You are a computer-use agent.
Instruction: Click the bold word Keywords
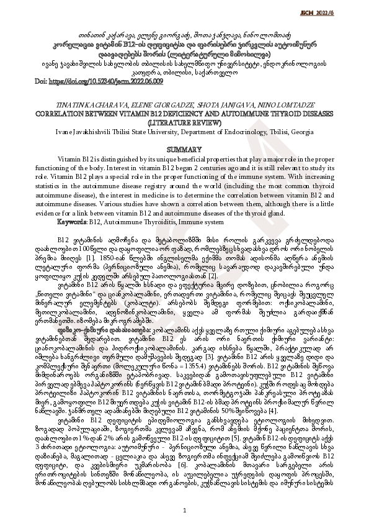tap(71, 221)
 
